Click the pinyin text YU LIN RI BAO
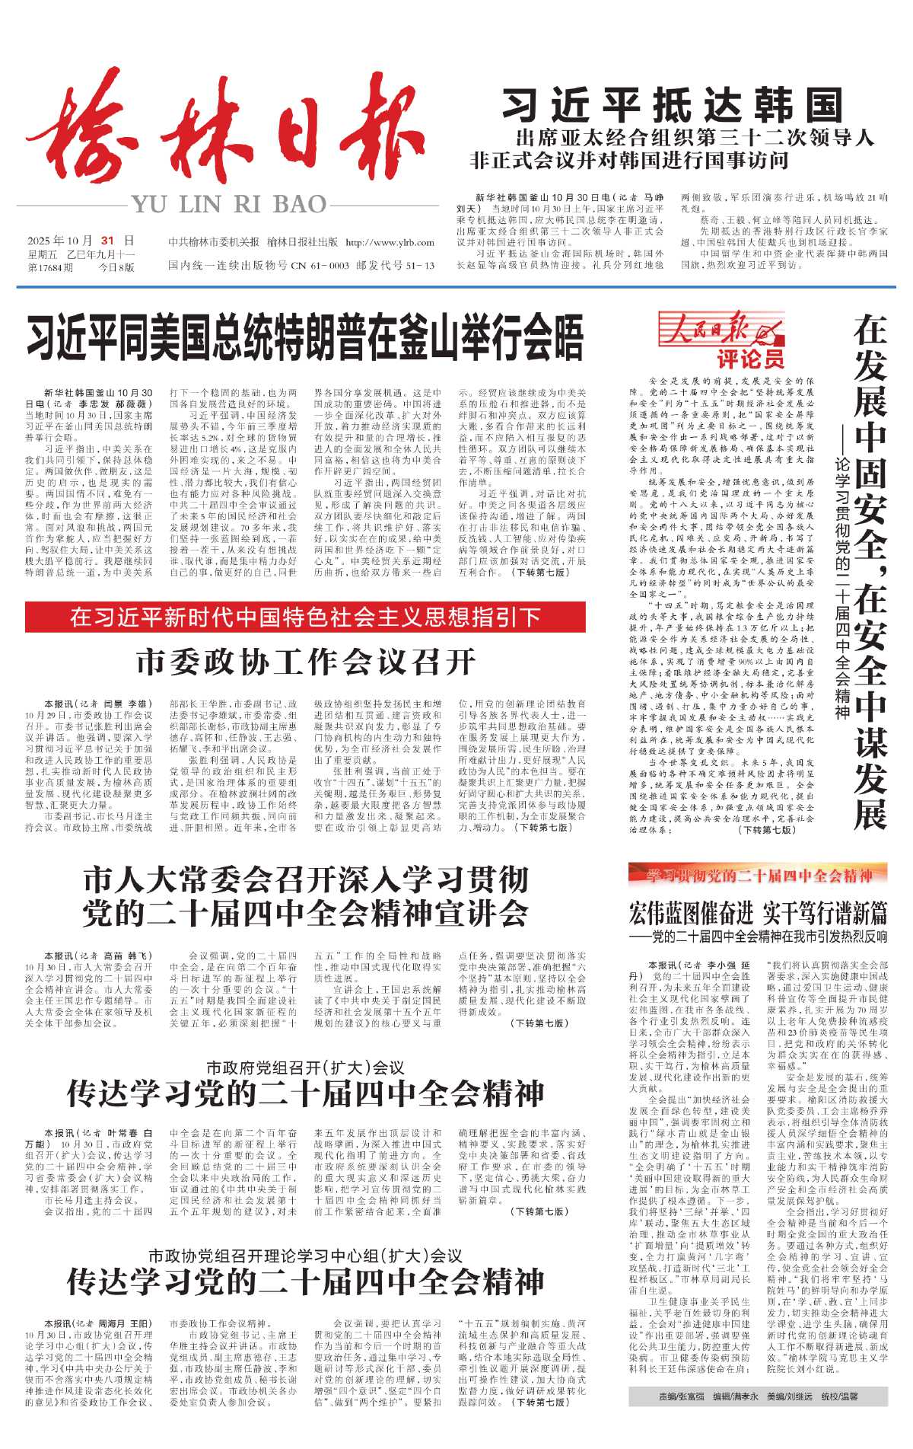(x=229, y=204)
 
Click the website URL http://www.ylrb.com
(x=390, y=242)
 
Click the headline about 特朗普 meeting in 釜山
(x=305, y=338)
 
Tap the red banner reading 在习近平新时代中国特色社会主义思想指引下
(x=305, y=617)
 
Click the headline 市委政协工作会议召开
(x=306, y=661)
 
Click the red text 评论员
(x=749, y=358)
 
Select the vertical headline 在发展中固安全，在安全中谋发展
(x=870, y=571)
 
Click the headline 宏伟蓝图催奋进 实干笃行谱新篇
(x=758, y=911)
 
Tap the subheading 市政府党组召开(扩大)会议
(x=305, y=1068)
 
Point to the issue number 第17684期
(x=50, y=267)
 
